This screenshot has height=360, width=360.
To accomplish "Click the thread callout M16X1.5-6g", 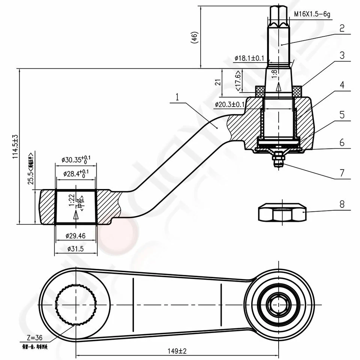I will (313, 14).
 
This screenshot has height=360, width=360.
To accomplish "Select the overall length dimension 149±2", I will (177, 351).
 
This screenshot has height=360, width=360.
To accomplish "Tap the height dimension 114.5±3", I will (15, 146).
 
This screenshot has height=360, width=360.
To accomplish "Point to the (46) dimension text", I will (194, 37).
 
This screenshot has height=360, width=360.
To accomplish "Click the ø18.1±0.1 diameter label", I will (249, 58).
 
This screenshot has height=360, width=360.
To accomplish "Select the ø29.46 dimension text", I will (75, 236).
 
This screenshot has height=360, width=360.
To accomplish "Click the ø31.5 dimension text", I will (75, 249).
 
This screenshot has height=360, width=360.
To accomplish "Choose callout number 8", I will (341, 205).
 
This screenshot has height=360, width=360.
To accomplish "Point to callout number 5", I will (341, 114).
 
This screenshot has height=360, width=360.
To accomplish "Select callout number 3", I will (341, 55).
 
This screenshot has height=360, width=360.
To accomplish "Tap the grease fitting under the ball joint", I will (278, 159).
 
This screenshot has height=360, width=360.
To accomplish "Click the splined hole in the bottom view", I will (76, 304).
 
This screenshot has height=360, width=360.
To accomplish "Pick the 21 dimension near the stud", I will (217, 82).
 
